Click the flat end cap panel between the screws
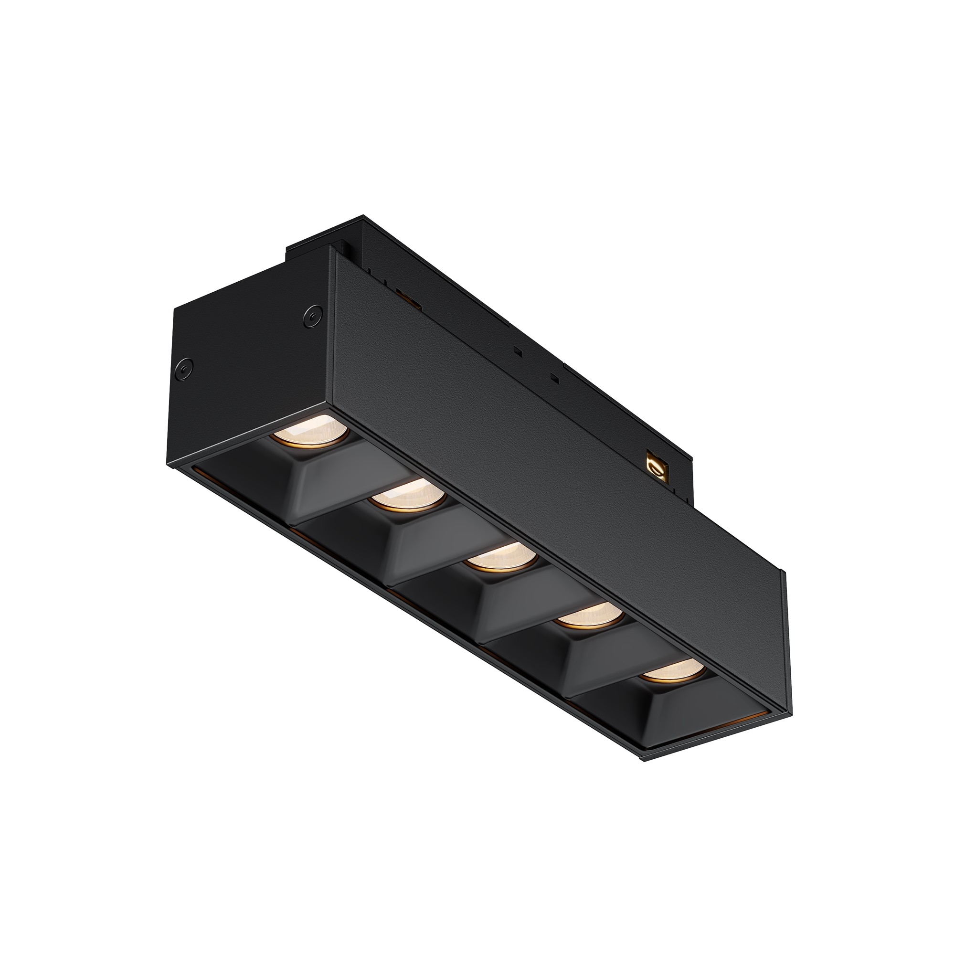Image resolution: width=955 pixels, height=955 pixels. [247, 366]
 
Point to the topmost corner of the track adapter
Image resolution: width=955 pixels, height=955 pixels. [363, 215]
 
